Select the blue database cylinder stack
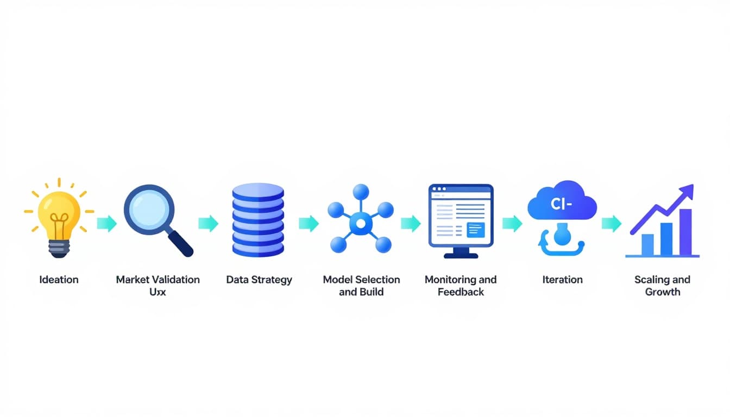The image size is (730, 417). click(x=258, y=220)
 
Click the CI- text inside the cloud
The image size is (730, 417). click(x=562, y=205)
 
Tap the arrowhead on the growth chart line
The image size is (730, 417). click(x=687, y=192)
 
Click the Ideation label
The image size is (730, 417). click(x=59, y=280)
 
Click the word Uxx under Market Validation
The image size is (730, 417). click(x=158, y=292)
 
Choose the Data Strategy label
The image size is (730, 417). click(x=259, y=280)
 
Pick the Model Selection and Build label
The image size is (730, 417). click(x=361, y=286)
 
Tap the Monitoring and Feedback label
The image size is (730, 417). click(x=461, y=286)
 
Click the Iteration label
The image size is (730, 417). click(x=562, y=280)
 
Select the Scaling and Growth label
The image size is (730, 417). click(x=662, y=286)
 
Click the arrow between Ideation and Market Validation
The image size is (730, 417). click(x=107, y=223)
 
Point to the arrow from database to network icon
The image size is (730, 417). click(x=309, y=223)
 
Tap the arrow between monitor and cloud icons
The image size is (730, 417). click(x=512, y=223)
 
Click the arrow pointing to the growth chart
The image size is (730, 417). click(x=612, y=223)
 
